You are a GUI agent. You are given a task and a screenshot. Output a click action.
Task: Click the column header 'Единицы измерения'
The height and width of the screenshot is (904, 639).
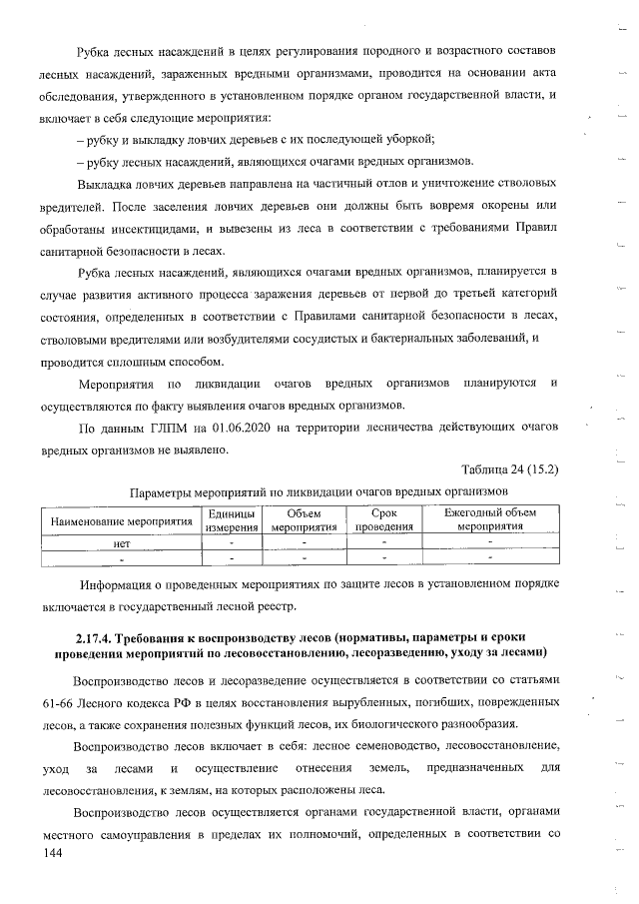(x=232, y=519)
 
